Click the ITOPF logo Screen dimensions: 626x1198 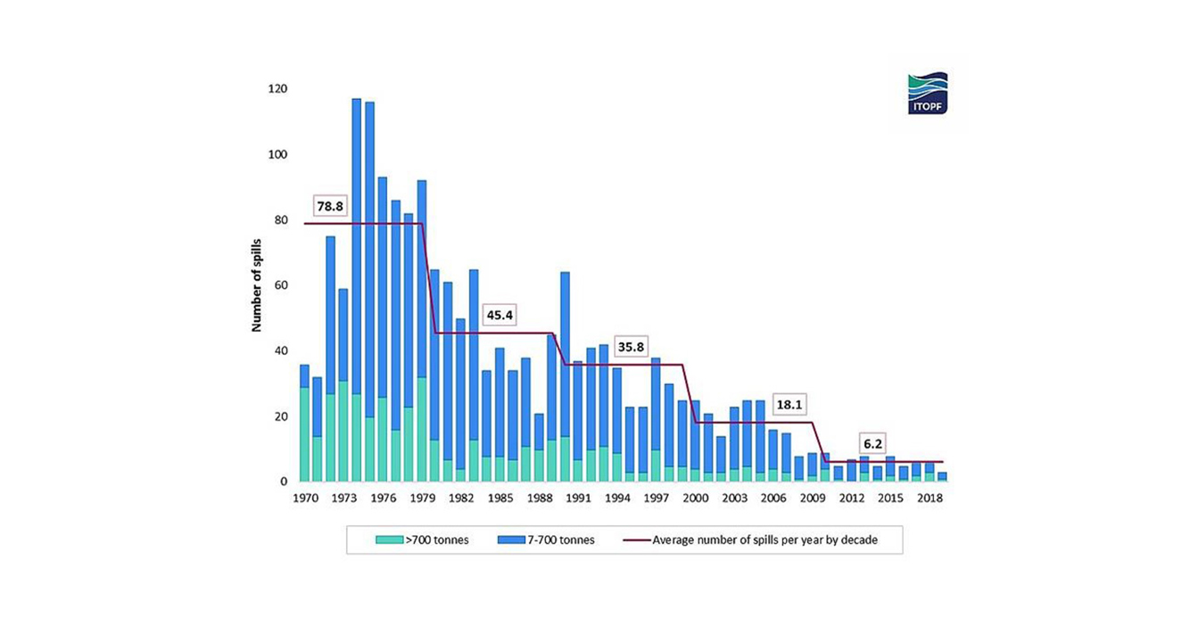point(927,94)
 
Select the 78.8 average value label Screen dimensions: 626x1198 point(329,206)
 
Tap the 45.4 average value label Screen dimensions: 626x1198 point(500,315)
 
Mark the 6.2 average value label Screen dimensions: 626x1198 point(873,443)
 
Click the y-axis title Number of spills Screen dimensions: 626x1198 point(256,285)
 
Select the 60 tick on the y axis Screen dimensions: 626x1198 point(279,285)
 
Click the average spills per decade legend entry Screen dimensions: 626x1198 point(755,540)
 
